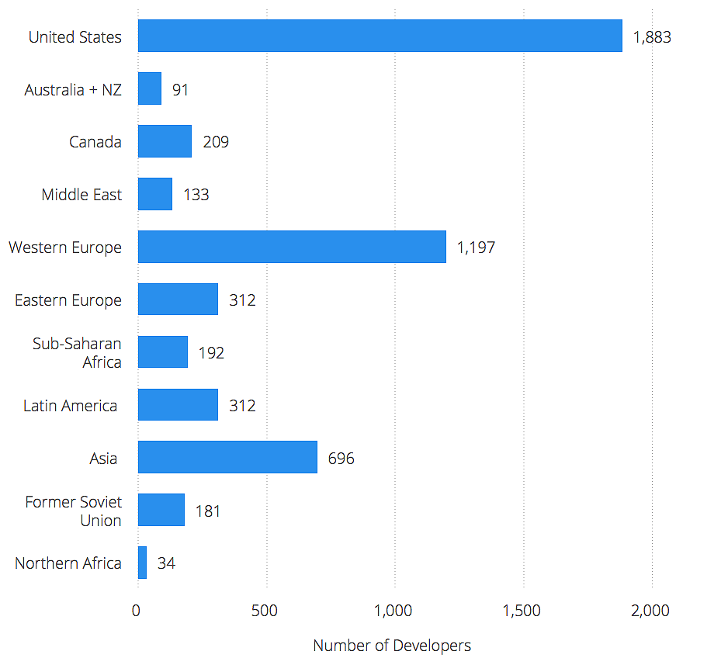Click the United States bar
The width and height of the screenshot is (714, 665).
point(380,36)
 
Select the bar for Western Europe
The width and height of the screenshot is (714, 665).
point(292,247)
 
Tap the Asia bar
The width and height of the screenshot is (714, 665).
point(227,457)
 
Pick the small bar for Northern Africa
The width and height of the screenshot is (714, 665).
point(142,563)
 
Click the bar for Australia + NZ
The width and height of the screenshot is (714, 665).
point(150,88)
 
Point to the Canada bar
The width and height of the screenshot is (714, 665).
point(165,141)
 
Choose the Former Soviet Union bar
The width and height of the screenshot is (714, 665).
point(161,510)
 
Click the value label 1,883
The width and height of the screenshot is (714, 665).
point(652,37)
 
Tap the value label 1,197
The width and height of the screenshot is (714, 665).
point(476,248)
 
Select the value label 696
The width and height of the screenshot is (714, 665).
point(341,459)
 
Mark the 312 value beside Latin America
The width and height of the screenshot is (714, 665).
point(242,406)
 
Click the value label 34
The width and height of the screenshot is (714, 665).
point(166,563)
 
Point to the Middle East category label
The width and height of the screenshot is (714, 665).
point(81,195)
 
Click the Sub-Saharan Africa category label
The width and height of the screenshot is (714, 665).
point(77,352)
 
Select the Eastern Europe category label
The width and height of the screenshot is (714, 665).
point(68,300)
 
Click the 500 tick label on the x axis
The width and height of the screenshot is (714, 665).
point(265,611)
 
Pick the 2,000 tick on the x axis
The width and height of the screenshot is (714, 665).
point(650,611)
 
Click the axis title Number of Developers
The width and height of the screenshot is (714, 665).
point(392,646)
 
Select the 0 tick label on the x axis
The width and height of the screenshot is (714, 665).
point(137,611)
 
